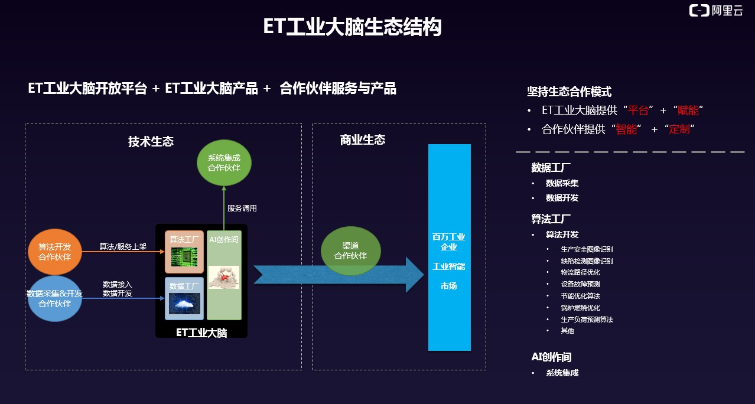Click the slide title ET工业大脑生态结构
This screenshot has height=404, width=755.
pyautogui.click(x=352, y=27)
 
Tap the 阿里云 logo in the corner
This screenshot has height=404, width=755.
pyautogui.click(x=715, y=11)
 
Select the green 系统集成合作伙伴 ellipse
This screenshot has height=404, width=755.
pyautogui.click(x=224, y=163)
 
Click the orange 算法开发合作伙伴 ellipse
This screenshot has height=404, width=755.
pyautogui.click(x=55, y=252)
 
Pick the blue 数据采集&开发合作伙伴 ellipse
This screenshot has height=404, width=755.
pyautogui.click(x=55, y=298)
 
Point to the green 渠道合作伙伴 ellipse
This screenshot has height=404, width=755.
pyautogui.click(x=350, y=250)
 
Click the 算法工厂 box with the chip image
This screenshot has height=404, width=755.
pyautogui.click(x=184, y=252)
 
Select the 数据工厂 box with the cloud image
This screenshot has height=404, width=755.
pyautogui.click(x=184, y=298)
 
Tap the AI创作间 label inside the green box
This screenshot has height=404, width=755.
pyautogui.click(x=224, y=240)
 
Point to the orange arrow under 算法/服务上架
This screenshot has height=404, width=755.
pyautogui.click(x=123, y=252)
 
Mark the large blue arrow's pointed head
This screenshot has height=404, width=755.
pyautogui.click(x=424, y=275)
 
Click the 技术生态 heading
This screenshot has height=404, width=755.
pyautogui.click(x=151, y=142)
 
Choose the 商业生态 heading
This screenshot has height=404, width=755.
pyautogui.click(x=362, y=140)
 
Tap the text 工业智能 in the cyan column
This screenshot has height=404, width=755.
pyautogui.click(x=448, y=266)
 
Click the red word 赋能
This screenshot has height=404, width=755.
pyautogui.click(x=688, y=110)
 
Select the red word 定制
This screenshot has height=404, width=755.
pyautogui.click(x=679, y=129)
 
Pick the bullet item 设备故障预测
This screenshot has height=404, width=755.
pyautogui.click(x=580, y=284)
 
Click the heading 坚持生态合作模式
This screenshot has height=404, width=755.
pyautogui.click(x=569, y=92)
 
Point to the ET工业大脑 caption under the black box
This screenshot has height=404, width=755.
pyautogui.click(x=201, y=333)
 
